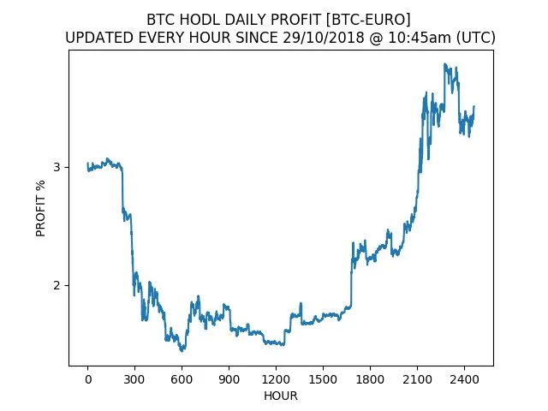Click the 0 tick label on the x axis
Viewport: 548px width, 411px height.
tap(88, 379)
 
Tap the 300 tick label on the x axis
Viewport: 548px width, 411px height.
tap(134, 379)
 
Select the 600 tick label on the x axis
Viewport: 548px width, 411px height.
tap(182, 379)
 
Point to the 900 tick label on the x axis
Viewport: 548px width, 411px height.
tap(229, 379)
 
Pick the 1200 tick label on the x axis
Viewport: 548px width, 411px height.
tap(276, 379)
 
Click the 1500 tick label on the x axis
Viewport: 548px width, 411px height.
tap(323, 379)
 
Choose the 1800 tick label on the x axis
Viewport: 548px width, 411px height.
tap(370, 379)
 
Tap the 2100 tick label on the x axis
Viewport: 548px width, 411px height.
tap(417, 379)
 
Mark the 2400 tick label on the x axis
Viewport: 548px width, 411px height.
tap(464, 379)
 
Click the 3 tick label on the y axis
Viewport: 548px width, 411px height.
tap(57, 167)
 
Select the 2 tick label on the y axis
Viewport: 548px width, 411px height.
tap(57, 285)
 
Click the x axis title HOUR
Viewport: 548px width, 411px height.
tap(281, 396)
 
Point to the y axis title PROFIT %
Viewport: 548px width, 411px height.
tap(40, 208)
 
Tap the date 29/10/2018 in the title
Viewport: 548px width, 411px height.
tap(324, 38)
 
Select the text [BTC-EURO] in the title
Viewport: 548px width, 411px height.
tap(368, 20)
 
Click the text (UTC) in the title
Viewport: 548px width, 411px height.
tap(476, 38)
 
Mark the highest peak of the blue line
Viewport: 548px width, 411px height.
tap(445, 64)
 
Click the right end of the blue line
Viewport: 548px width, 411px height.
tap(474, 106)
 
